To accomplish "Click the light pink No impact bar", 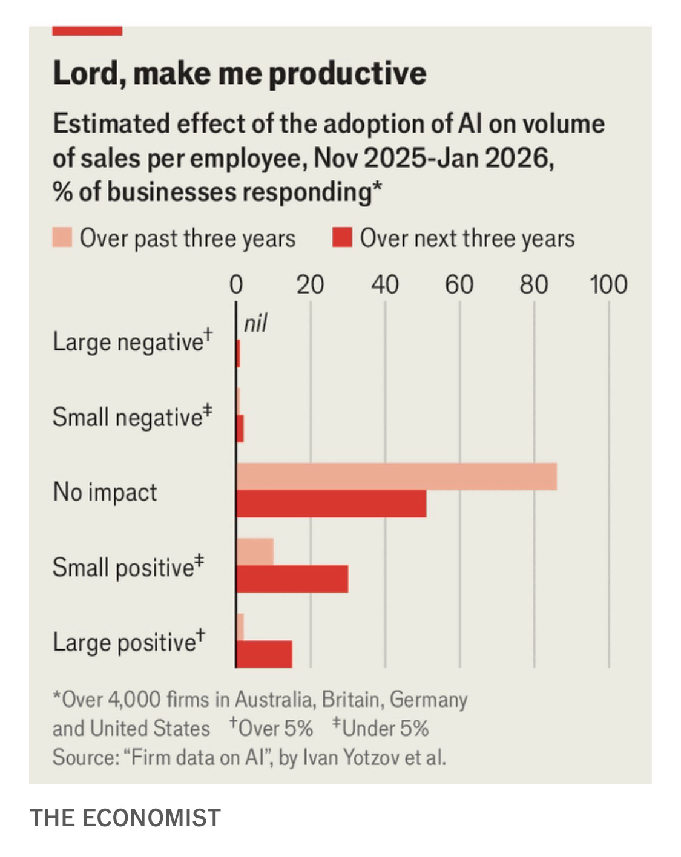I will [396, 476].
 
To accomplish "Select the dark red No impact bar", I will [331, 504].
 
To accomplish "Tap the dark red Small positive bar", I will [292, 579].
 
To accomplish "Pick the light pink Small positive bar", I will [255, 551].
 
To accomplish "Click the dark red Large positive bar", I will [264, 654].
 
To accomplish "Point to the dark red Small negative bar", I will [240, 428].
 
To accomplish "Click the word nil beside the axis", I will [255, 324].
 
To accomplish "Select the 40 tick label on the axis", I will [385, 284].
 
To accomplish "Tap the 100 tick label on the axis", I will [608, 284].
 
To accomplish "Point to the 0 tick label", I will [236, 284].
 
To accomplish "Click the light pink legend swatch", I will [62, 237].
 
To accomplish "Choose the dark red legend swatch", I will [342, 237].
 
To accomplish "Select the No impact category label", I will [105, 491].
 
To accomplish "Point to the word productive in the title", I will [347, 73].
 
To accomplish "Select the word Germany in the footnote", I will [429, 700].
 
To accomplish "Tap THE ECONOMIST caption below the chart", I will [125, 818].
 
